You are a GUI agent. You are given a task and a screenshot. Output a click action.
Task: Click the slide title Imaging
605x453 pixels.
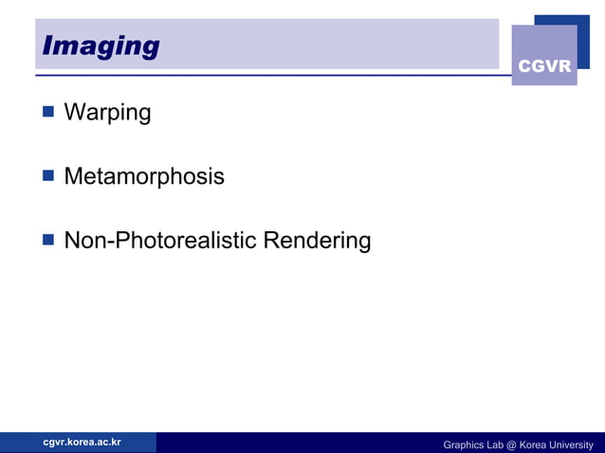pos(101,45)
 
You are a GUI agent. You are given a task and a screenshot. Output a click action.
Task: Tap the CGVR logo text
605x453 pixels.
pos(544,66)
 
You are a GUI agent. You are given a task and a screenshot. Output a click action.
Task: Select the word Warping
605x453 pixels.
pos(107,113)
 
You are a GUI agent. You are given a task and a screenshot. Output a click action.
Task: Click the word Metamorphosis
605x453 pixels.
pos(144,176)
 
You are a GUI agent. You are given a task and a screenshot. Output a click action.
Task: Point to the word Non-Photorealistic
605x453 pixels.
pos(160,241)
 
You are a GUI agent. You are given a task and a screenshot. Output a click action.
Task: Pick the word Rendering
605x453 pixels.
pos(317,241)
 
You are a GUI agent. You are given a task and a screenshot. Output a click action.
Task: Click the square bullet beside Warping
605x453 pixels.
pos(47,112)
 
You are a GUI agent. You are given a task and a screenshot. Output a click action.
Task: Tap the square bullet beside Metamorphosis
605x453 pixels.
pos(47,175)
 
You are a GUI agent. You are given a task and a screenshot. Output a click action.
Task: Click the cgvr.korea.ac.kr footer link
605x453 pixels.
pos(82,442)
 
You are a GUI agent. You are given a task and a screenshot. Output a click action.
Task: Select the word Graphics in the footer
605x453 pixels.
pos(465,444)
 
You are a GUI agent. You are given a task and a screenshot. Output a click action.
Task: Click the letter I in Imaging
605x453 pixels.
pos(47,45)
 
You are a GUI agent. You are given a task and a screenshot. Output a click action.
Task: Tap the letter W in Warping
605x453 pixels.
pos(73,113)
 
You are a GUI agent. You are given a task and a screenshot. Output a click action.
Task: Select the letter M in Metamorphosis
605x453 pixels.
pos(73,176)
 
